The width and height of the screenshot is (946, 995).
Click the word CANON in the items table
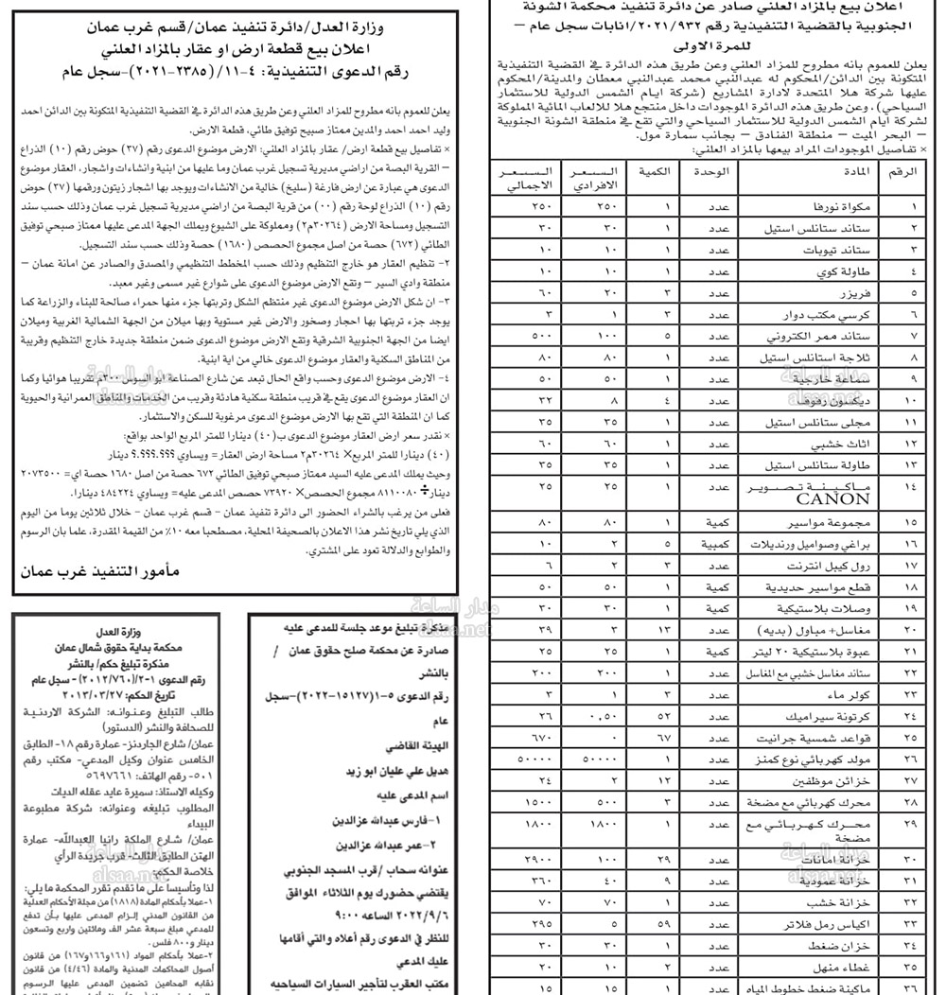coord(832,498)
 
